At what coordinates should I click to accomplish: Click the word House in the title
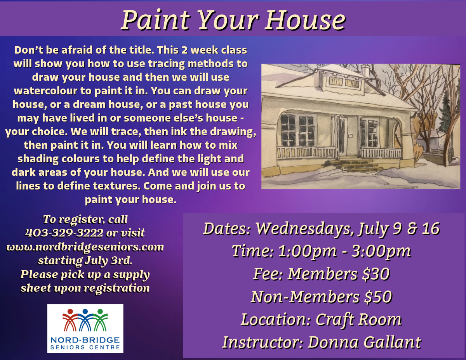306,20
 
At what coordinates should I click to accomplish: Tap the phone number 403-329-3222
64,233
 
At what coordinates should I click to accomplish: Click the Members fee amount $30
376,274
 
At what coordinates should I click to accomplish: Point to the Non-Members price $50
378,297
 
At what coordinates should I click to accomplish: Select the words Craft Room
358,320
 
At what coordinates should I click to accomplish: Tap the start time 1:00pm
308,251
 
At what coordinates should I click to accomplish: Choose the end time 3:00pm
381,251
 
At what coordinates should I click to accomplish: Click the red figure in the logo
70,320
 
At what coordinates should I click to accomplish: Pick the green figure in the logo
100,320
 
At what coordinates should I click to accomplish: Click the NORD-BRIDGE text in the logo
85,340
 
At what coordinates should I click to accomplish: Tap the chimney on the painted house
365,71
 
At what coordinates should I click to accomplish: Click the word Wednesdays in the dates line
306,229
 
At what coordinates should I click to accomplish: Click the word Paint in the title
156,20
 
